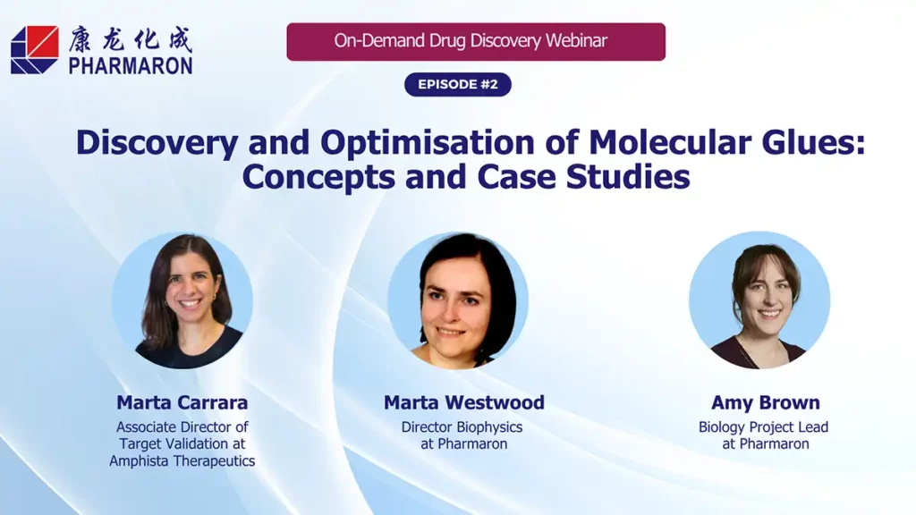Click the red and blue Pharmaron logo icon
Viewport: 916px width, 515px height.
click(x=35, y=49)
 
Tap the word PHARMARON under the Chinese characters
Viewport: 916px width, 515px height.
click(x=131, y=65)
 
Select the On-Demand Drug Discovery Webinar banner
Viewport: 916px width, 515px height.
click(x=475, y=41)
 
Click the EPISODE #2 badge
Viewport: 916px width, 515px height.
click(x=458, y=84)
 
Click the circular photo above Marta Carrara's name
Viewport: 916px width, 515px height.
click(x=182, y=301)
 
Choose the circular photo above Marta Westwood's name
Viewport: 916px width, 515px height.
click(x=458, y=301)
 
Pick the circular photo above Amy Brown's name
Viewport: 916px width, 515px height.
click(x=759, y=301)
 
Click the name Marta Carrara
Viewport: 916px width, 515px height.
click(x=182, y=402)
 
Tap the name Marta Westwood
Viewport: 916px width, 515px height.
click(x=464, y=402)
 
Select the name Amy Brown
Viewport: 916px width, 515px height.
click(x=766, y=402)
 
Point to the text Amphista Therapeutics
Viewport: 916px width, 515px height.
click(x=182, y=461)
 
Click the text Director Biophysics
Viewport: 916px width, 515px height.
click(x=462, y=427)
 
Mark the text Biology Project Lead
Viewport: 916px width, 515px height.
click(x=763, y=427)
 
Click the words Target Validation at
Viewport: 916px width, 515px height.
click(x=182, y=444)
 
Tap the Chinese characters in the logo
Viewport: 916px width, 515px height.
click(x=131, y=39)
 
